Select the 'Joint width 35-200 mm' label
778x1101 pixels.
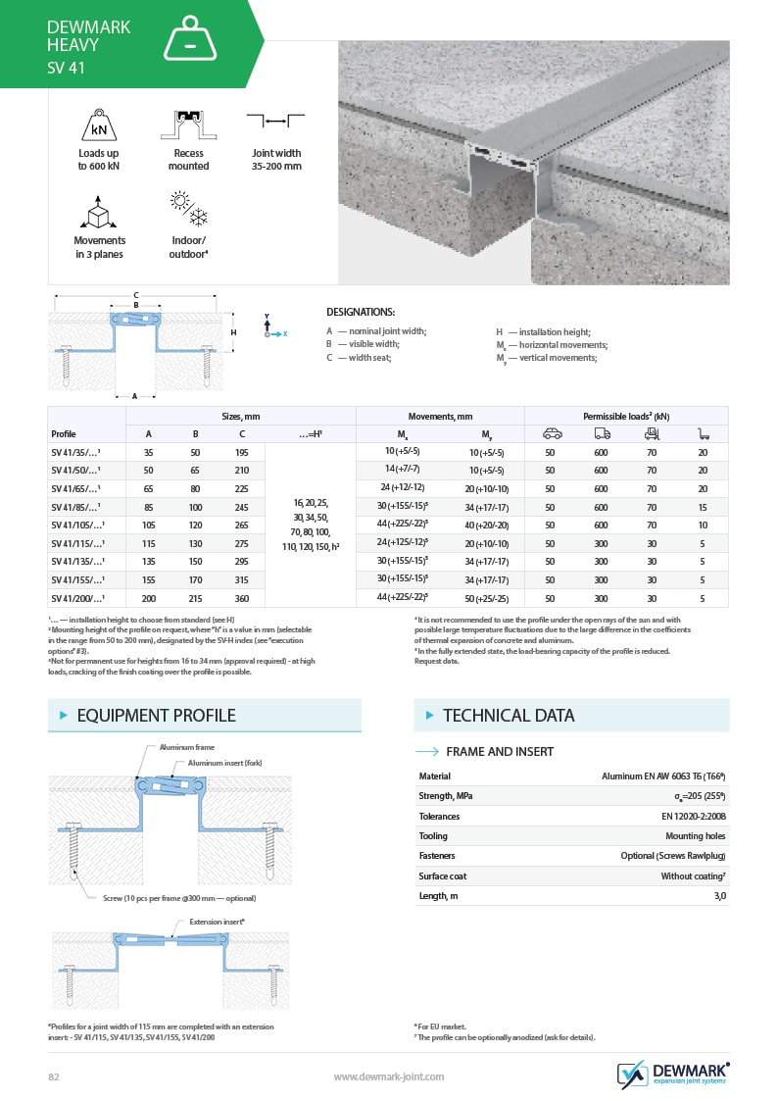click(276, 160)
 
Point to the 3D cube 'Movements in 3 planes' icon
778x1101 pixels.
click(99, 213)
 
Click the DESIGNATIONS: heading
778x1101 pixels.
click(360, 312)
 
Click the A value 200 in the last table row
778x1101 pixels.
click(148, 597)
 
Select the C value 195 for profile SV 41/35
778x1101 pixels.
click(242, 452)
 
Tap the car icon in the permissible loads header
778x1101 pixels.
click(552, 433)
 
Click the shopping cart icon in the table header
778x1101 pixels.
click(703, 433)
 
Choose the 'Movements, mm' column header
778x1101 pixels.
click(440, 416)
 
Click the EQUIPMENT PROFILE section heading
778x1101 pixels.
click(156, 716)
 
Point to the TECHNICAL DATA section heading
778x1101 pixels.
click(509, 716)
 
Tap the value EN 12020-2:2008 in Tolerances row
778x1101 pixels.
click(693, 816)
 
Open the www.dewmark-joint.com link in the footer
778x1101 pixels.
click(389, 1076)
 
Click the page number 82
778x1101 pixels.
click(55, 1076)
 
